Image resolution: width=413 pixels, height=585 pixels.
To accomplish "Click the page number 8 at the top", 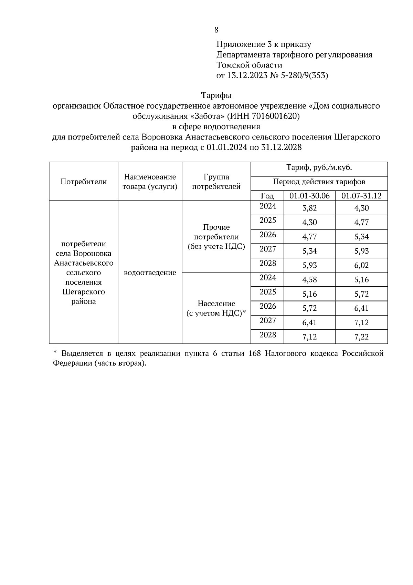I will [216, 30].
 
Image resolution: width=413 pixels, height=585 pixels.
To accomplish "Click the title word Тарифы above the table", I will [216, 95].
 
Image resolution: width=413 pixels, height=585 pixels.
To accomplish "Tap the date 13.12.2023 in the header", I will [247, 75].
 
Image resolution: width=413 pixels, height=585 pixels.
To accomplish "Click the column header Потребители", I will [84, 182].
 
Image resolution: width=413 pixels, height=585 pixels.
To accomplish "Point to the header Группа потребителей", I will [216, 182].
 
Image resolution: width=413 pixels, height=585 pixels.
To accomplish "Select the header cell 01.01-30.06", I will [309, 196].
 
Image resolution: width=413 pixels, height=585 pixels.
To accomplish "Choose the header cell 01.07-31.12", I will [361, 196].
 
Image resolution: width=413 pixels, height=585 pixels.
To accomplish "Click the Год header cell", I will [267, 196].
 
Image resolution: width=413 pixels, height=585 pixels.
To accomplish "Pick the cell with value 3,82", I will [309, 208].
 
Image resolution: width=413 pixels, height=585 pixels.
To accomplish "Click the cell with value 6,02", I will [361, 265].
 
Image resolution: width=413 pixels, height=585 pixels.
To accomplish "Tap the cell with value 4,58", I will [309, 279].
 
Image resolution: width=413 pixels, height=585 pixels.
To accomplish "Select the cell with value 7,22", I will [361, 337].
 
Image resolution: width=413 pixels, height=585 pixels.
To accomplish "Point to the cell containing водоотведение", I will [150, 273].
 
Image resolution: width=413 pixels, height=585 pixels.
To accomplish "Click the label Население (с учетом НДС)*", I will [216, 308].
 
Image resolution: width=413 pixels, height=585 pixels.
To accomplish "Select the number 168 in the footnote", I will [254, 354].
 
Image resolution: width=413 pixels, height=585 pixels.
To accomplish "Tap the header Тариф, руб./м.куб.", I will [319, 168].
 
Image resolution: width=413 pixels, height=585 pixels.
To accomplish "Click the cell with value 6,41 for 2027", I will [309, 322].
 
